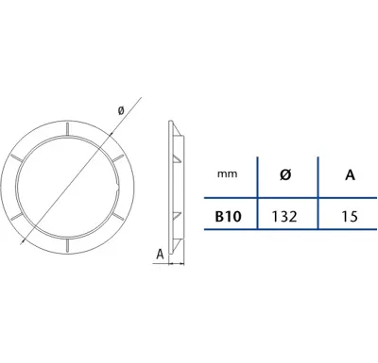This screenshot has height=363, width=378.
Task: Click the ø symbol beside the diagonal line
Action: pyautogui.click(x=121, y=110)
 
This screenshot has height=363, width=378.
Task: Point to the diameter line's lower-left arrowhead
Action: pyautogui.click(x=22, y=241)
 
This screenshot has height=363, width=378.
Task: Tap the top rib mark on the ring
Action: pyautogui.click(x=67, y=129)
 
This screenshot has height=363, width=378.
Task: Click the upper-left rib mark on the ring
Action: pyautogui.click(x=17, y=158)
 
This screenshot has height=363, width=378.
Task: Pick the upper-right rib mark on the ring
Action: pyautogui.click(x=117, y=158)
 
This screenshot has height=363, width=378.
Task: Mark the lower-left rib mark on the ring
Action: pyautogui.click(x=17, y=216)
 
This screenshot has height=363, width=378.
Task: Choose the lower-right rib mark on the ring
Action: pyautogui.click(x=117, y=216)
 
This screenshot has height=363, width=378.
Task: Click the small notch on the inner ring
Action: pyautogui.click(x=117, y=189)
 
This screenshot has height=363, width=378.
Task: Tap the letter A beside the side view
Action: pyautogui.click(x=161, y=254)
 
